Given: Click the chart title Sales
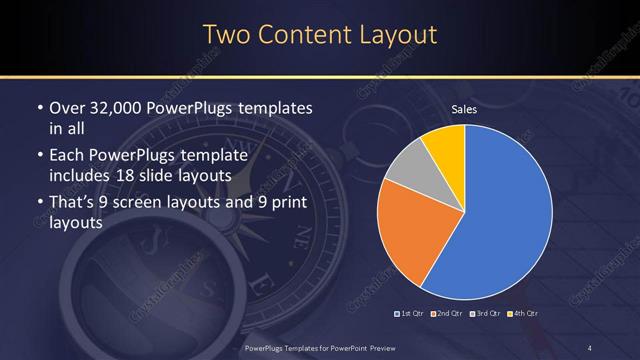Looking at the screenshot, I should [463, 109].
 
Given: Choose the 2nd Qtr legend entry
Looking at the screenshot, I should [447, 314].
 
